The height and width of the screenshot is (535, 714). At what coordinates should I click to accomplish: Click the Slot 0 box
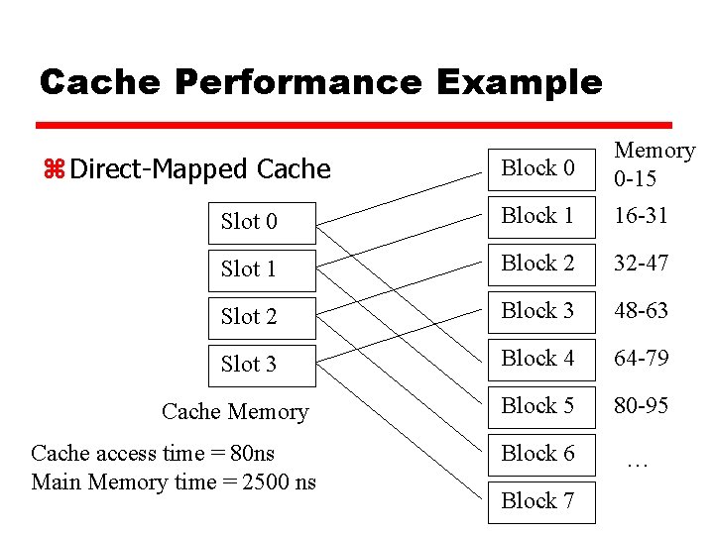(x=262, y=221)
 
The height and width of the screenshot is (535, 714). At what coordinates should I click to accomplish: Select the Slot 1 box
(x=262, y=268)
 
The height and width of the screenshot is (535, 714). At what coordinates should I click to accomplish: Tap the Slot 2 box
(x=262, y=316)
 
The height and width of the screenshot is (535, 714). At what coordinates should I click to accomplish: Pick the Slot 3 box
(x=262, y=364)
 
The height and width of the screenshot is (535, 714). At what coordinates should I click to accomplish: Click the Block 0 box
(x=539, y=168)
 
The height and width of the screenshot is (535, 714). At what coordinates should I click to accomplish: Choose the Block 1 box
(x=539, y=216)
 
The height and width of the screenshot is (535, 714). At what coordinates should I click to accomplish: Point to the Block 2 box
(x=539, y=264)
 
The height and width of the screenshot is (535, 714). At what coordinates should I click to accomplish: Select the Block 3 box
(x=539, y=311)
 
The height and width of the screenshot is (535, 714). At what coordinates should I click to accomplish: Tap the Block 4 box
(x=539, y=359)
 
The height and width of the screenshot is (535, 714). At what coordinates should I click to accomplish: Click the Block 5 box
(x=539, y=406)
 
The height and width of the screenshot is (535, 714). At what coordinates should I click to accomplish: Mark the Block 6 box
(x=539, y=454)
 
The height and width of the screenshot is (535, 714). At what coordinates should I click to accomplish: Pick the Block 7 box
(x=539, y=500)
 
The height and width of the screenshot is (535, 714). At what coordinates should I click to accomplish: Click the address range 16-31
(x=641, y=216)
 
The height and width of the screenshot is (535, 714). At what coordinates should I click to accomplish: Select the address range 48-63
(x=641, y=311)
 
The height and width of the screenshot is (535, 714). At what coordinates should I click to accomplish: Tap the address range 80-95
(x=641, y=406)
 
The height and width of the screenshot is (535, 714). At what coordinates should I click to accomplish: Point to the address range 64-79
(x=641, y=359)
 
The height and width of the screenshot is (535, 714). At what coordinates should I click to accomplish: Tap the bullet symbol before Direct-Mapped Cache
(x=54, y=169)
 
